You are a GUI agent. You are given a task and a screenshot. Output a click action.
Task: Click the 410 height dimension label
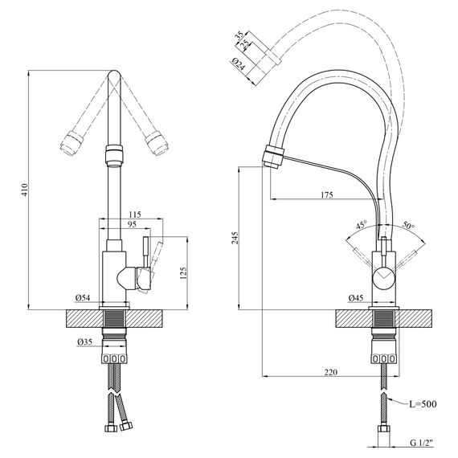pos(23,190)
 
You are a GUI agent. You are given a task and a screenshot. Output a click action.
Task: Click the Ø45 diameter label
pos(356,299)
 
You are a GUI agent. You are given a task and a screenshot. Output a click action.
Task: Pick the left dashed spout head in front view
pos(69,141)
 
